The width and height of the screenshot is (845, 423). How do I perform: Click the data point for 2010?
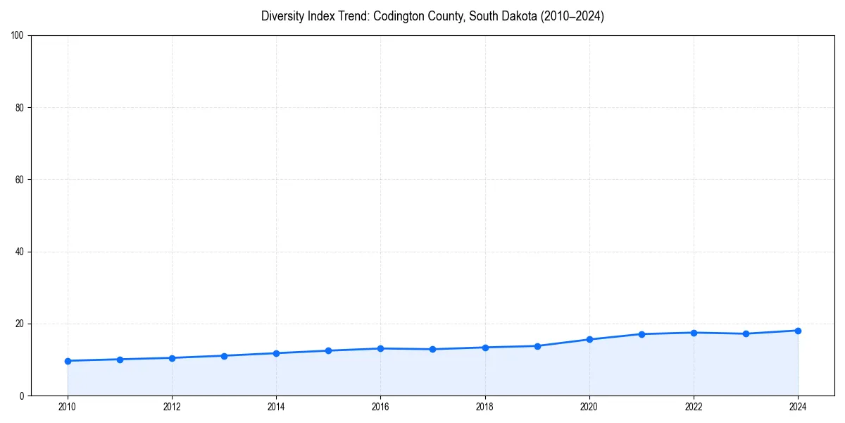pyautogui.click(x=68, y=361)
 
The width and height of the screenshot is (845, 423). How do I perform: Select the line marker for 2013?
pyautogui.click(x=224, y=356)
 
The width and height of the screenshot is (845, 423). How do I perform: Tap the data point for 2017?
pyautogui.click(x=432, y=349)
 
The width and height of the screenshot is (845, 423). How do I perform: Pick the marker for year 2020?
pyautogui.click(x=589, y=339)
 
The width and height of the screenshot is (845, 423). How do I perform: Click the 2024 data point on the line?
pyautogui.click(x=798, y=331)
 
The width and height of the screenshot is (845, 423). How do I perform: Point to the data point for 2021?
pyautogui.click(x=641, y=334)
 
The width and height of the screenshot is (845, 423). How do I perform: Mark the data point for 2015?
pyautogui.click(x=328, y=350)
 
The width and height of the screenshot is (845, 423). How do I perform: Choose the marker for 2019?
pyautogui.click(x=537, y=346)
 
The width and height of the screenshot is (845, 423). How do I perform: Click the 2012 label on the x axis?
pyautogui.click(x=172, y=407)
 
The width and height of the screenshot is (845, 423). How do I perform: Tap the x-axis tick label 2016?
pyautogui.click(x=380, y=407)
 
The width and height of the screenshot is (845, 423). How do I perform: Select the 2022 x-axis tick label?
pyautogui.click(x=694, y=407)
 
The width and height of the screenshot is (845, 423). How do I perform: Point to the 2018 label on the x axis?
pyautogui.click(x=484, y=407)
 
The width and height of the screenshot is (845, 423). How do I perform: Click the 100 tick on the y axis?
pyautogui.click(x=18, y=36)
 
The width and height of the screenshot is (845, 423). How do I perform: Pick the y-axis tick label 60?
pyautogui.click(x=20, y=180)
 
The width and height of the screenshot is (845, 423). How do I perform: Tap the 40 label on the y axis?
pyautogui.click(x=20, y=252)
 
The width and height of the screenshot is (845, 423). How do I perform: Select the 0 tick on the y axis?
pyautogui.click(x=22, y=396)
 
